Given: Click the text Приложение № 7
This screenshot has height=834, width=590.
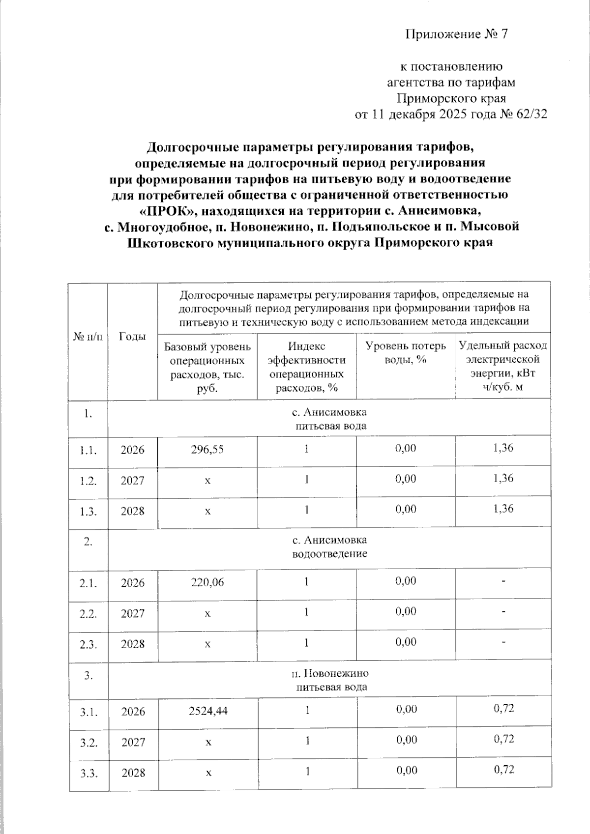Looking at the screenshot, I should tap(455, 34).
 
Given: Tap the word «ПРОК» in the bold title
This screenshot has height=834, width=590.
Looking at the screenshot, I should tap(167, 211).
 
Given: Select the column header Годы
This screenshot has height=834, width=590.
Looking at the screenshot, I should tap(132, 337).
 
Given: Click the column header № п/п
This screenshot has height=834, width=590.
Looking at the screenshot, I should tap(88, 337).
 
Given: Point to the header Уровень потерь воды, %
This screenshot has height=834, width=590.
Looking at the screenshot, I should tap(406, 352).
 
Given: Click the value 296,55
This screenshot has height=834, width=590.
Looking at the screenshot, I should tap(207, 449).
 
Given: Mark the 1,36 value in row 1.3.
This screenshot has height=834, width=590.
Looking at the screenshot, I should tap(502, 509).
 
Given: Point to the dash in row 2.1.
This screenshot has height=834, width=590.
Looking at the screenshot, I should tap(503, 582).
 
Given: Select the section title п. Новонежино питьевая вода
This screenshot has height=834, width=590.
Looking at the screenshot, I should tap(330, 680).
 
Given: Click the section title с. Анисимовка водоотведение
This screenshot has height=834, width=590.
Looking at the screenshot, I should tap(329, 547).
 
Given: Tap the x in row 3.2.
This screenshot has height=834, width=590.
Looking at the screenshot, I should tap(208, 742).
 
